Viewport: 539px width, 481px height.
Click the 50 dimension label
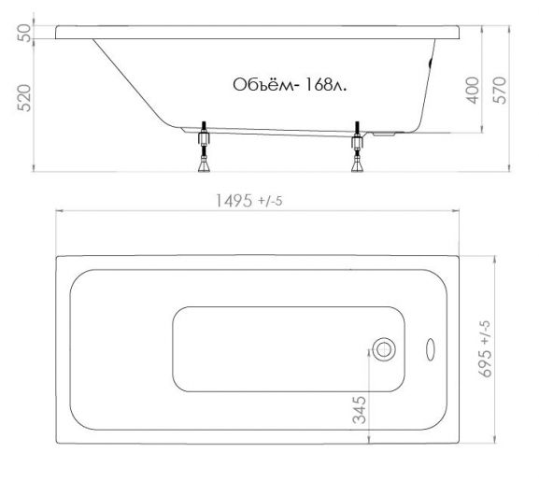pyautogui.click(x=24, y=33)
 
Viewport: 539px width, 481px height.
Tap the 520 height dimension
pyautogui.click(x=24, y=98)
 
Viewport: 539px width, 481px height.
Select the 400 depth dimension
pyautogui.click(x=473, y=91)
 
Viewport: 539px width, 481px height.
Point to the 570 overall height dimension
pyautogui.click(x=500, y=91)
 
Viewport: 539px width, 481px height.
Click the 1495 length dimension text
pyautogui.click(x=234, y=201)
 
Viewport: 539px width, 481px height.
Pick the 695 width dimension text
pyautogui.click(x=485, y=364)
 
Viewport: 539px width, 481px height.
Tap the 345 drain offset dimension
pyautogui.click(x=360, y=409)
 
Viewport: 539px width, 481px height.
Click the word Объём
pyautogui.click(x=263, y=84)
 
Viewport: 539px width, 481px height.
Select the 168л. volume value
pyautogui.click(x=325, y=85)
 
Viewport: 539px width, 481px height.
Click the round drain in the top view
pyautogui.click(x=384, y=349)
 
